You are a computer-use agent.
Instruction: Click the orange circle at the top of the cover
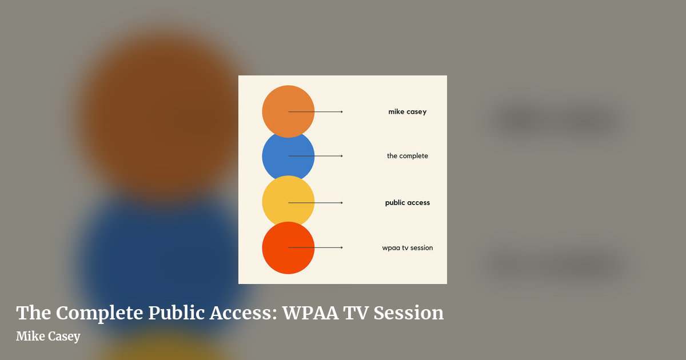tap(288, 111)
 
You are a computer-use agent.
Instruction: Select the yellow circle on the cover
tap(288, 201)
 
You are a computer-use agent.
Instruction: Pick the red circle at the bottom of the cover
tap(288, 247)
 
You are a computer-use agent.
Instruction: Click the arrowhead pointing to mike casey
tap(342, 112)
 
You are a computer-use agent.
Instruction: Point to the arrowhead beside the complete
tap(342, 156)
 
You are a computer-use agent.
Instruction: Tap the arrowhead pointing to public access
tap(342, 203)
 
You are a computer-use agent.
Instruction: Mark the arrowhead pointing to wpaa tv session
tap(342, 247)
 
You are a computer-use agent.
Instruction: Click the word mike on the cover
tap(396, 111)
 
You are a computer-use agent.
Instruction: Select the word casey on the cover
tap(417, 112)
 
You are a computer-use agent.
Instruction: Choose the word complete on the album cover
tap(414, 156)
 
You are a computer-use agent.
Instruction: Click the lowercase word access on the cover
tap(418, 203)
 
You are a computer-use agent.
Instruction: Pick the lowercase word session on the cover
tap(422, 247)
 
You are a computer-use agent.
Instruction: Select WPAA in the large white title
tap(310, 313)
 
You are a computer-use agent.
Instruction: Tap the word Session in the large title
tap(409, 313)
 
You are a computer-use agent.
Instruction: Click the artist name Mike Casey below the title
tap(48, 337)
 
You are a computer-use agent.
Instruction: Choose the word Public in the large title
tap(177, 313)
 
